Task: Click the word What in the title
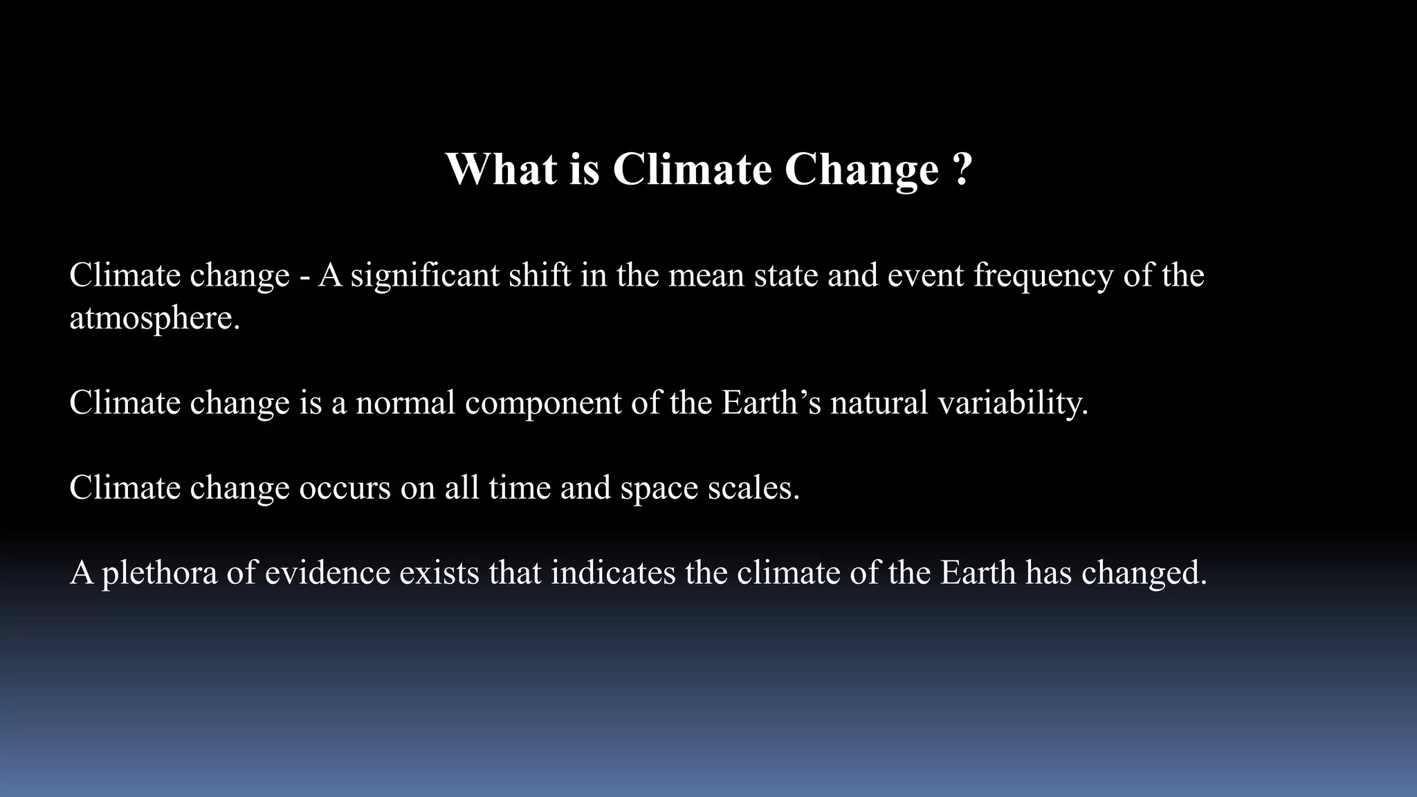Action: tap(501, 169)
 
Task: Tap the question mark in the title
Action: tap(962, 169)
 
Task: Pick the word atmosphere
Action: tap(154, 319)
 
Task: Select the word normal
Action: tap(405, 402)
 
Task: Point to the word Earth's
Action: tap(771, 402)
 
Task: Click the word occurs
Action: tap(345, 488)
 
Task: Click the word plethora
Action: tap(159, 574)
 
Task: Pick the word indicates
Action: tap(613, 572)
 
